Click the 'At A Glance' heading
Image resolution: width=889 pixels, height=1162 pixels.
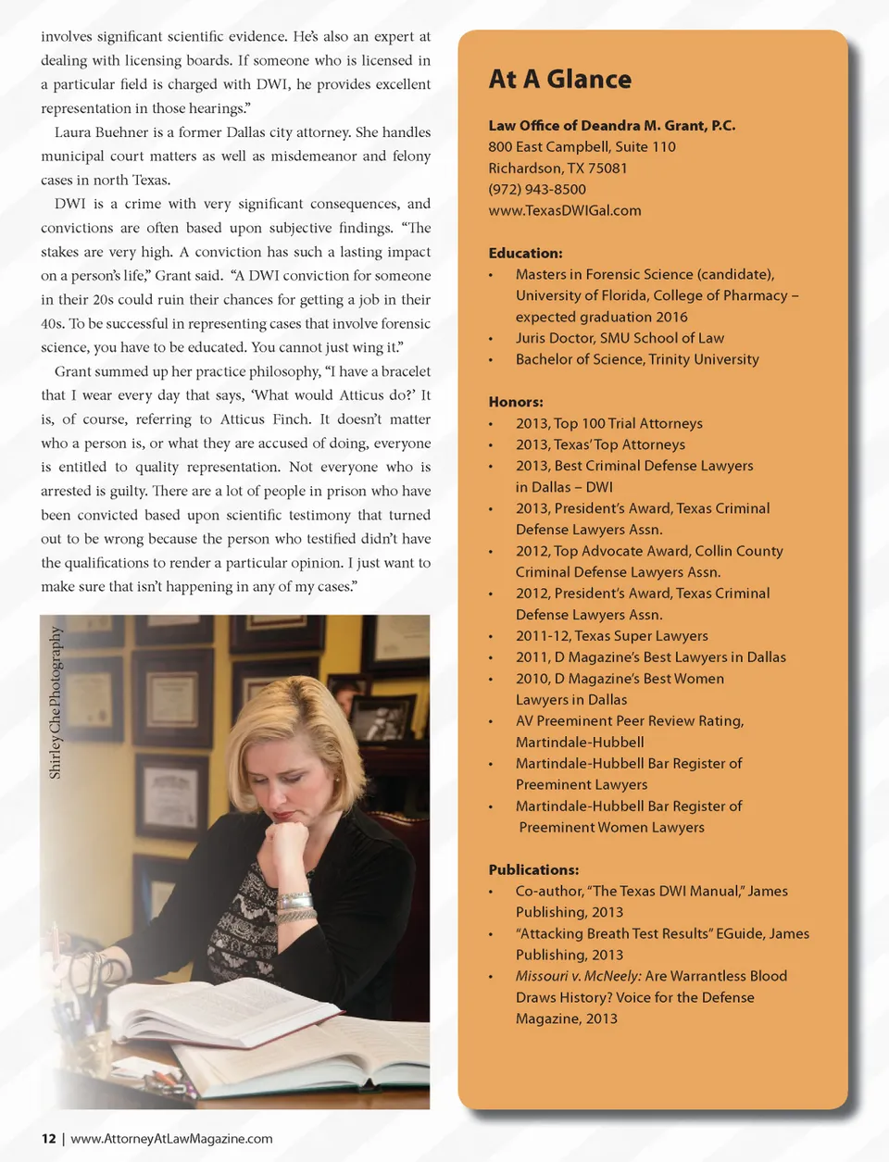click(560, 80)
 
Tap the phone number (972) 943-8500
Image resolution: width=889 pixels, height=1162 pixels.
click(537, 189)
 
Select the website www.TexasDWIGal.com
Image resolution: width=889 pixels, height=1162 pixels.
click(565, 210)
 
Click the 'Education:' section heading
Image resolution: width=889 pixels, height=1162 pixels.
click(525, 253)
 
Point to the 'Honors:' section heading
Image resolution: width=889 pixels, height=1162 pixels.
click(516, 402)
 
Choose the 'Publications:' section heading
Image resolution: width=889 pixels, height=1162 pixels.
click(533, 869)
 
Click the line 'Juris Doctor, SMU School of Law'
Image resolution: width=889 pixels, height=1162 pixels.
click(620, 338)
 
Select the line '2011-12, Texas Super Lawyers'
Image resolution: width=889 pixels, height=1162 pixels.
click(611, 636)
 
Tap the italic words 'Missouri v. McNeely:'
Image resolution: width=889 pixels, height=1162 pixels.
click(578, 976)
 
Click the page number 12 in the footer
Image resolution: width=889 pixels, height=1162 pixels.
click(48, 1139)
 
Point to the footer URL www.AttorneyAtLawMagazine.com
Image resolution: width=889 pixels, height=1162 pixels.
click(171, 1139)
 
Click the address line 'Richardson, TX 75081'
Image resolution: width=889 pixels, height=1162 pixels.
click(557, 168)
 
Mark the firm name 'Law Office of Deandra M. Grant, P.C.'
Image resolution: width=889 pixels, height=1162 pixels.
click(612, 125)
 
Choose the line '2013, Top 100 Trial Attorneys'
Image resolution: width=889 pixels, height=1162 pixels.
click(608, 423)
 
